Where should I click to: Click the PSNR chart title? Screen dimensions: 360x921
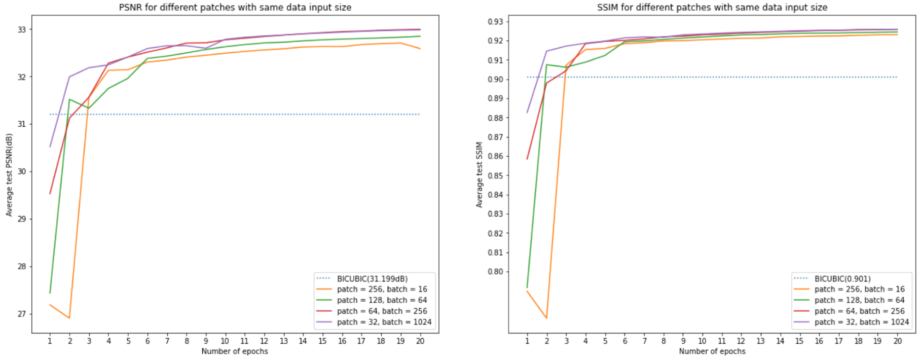coord(235,7)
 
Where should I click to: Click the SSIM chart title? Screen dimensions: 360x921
coord(712,7)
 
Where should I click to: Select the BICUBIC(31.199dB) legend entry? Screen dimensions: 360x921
coord(372,278)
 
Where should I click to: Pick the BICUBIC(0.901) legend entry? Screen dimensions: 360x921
coord(842,278)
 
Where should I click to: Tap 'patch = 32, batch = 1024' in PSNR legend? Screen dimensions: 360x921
coord(384,322)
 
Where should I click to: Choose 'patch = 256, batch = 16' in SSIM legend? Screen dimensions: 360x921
coord(859,289)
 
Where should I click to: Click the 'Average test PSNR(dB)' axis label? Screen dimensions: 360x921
coord(9,174)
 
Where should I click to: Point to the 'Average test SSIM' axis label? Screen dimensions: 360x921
coord(479,174)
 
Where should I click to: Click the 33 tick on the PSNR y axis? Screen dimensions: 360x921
coord(21,29)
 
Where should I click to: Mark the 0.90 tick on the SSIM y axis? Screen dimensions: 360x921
coord(495,79)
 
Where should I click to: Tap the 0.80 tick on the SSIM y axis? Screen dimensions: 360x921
coord(495,271)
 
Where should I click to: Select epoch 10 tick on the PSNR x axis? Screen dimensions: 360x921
coord(225,341)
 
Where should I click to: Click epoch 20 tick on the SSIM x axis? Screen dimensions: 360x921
coord(897,341)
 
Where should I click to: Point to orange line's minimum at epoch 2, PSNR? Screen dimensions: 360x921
coord(69,318)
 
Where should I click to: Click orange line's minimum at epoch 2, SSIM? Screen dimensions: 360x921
coord(546,318)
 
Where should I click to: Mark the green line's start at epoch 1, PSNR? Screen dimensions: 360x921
coord(50,293)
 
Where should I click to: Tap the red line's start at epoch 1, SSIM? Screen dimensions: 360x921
coord(527,159)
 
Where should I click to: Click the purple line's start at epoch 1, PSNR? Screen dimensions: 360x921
coord(50,147)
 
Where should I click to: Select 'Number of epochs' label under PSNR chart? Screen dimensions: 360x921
coord(235,351)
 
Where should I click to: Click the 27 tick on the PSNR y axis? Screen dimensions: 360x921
coord(21,314)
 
